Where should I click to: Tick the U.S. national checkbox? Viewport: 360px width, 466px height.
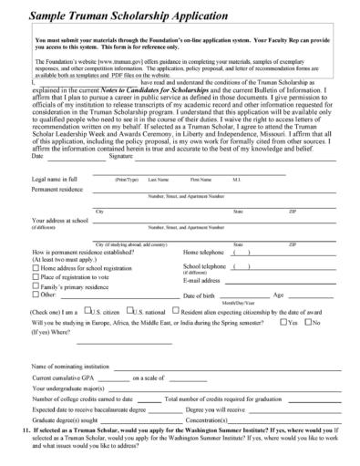coord(137,311)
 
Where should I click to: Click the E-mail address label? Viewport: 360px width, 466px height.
coord(203,279)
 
